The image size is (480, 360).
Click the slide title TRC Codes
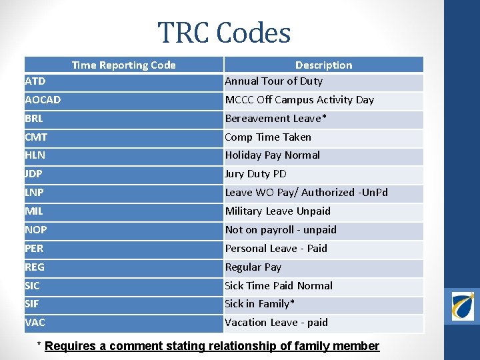(x=224, y=33)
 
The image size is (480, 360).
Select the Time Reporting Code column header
(x=123, y=65)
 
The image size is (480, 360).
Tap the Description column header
(x=323, y=65)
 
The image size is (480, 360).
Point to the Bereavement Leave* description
(x=276, y=119)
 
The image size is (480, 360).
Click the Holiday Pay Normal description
(x=272, y=155)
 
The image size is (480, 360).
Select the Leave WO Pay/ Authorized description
(x=306, y=193)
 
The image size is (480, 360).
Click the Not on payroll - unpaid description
(x=281, y=230)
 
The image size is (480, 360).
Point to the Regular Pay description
(x=253, y=267)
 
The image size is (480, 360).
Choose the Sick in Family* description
(x=260, y=304)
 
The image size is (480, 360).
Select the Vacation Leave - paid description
(x=276, y=323)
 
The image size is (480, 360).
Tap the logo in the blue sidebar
(x=462, y=305)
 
